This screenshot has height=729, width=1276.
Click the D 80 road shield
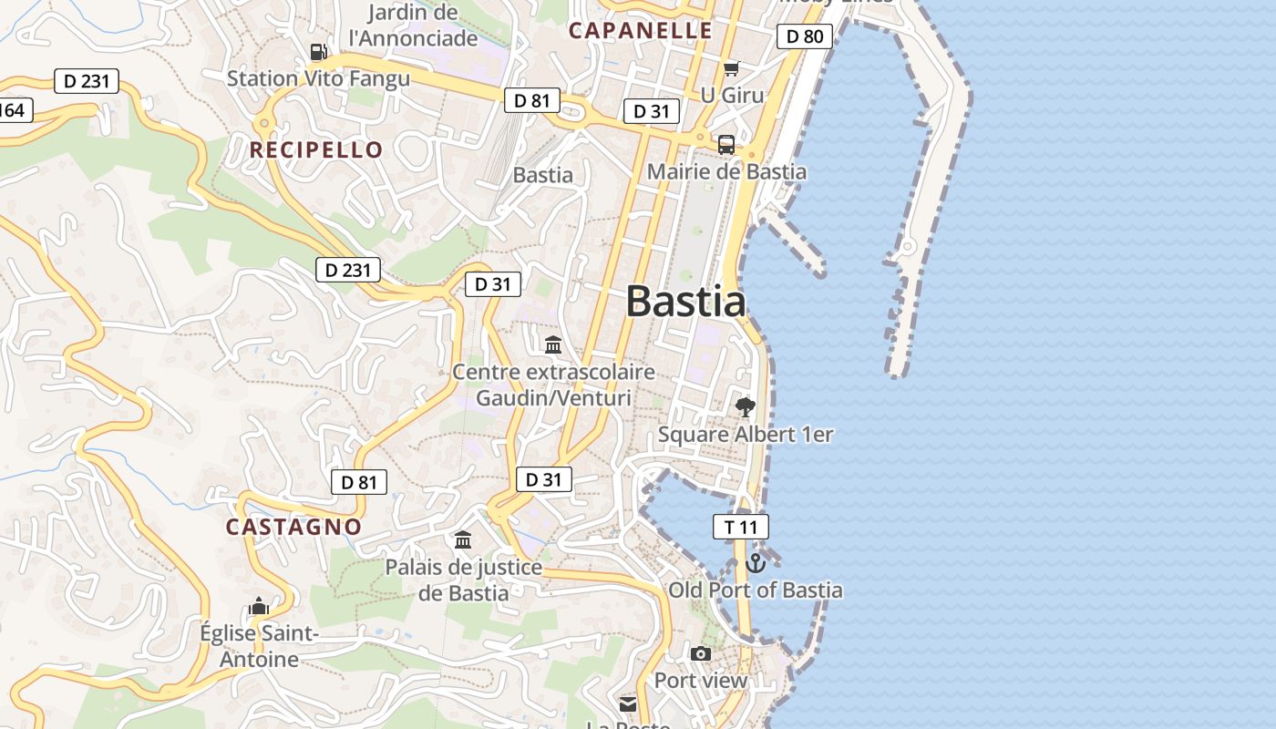[x=804, y=36]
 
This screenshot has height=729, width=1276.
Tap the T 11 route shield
[x=740, y=527]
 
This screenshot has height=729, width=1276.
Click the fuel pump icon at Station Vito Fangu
[x=318, y=52]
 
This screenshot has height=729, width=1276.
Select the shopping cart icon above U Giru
[x=731, y=68]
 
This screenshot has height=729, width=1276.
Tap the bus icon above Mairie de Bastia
[x=726, y=144]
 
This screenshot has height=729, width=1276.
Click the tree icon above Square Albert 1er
[x=746, y=406]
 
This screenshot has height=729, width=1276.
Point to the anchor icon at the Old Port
[x=755, y=563]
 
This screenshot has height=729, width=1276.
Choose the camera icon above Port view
[x=701, y=653]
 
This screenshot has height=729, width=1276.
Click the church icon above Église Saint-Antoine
[x=259, y=606]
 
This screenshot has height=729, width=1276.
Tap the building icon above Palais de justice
[x=463, y=540]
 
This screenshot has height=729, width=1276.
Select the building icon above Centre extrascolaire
[x=553, y=344]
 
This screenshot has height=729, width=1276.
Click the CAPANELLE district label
[x=641, y=30]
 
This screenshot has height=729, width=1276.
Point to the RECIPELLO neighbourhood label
[x=316, y=150]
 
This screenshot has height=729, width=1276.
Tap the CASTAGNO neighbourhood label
[x=293, y=527]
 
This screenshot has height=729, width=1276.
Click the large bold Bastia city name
[x=685, y=302]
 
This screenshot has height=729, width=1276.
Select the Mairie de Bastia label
[x=726, y=171]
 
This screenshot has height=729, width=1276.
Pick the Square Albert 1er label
[x=746, y=435]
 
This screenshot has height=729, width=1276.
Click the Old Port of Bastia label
[x=756, y=590]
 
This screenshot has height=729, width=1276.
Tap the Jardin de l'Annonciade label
[x=413, y=26]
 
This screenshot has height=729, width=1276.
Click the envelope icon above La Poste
[x=628, y=704]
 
